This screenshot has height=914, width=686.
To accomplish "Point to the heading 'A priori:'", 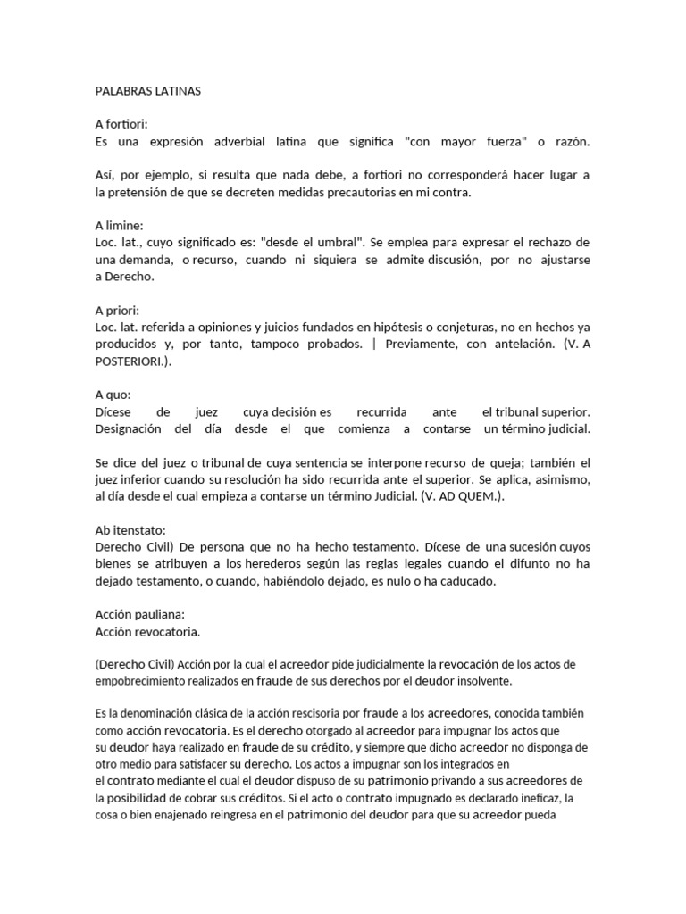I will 118,311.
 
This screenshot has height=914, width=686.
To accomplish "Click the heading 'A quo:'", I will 113,395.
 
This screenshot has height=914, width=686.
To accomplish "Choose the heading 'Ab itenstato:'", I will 131,528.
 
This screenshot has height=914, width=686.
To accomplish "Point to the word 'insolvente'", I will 481,679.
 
